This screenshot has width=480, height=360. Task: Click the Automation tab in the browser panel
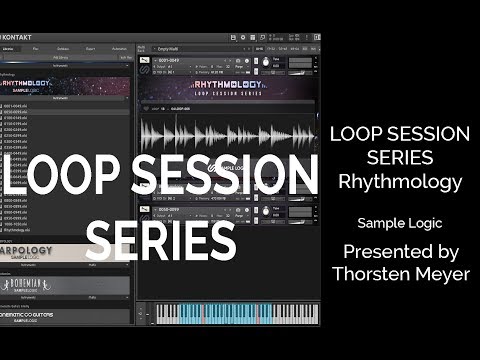tap(118, 47)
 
